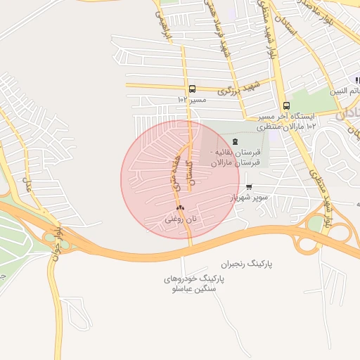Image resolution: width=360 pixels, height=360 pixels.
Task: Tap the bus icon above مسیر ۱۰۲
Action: [x=192, y=89]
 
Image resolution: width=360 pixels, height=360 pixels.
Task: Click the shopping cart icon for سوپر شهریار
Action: [x=249, y=187]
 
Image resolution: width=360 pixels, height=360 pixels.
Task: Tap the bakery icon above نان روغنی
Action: [x=181, y=207]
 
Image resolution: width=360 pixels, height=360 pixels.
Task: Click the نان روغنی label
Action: [x=181, y=219]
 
